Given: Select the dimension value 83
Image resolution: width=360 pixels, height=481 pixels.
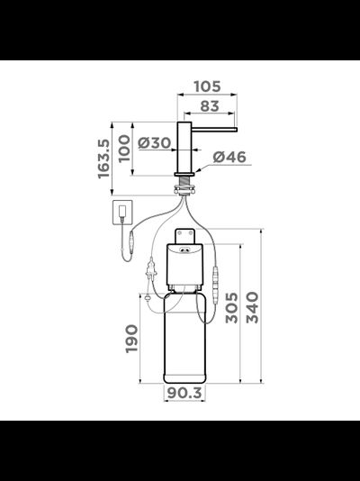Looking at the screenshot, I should click(x=211, y=106).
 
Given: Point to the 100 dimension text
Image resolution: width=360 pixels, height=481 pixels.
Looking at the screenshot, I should click(x=125, y=150).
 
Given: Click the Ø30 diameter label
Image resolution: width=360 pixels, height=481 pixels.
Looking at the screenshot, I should click(x=156, y=141).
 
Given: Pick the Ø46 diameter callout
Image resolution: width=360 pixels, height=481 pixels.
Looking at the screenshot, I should click(x=230, y=157).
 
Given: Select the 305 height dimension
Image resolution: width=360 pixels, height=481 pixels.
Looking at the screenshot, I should click(x=231, y=311).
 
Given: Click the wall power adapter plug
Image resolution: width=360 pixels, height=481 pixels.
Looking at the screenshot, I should click(x=121, y=214).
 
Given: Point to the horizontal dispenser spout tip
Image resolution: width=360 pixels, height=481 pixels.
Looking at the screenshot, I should click(x=233, y=130).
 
